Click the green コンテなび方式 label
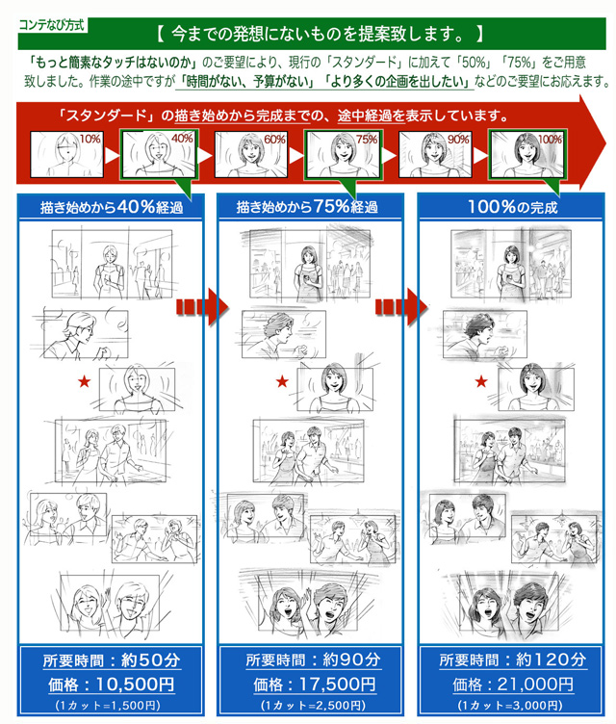tap(50, 18)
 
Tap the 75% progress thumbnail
tap(341, 153)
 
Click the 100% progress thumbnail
tap(526, 153)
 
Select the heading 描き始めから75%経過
tap(307, 207)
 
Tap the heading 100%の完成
tap(512, 207)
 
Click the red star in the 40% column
tap(84, 382)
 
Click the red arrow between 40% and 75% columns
tap(202, 307)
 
